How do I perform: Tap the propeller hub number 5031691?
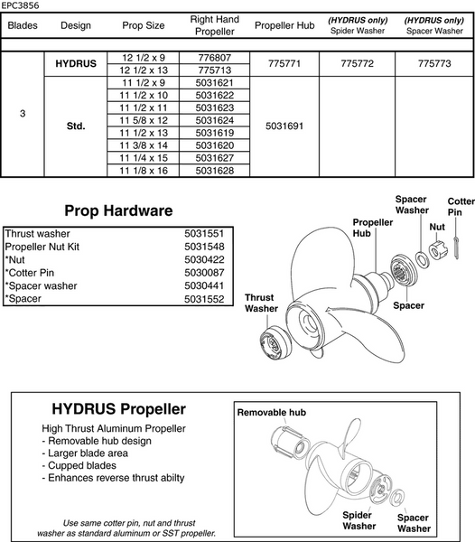(x=284, y=126)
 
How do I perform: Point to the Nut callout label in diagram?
(x=437, y=228)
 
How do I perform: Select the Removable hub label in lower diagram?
(x=273, y=411)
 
